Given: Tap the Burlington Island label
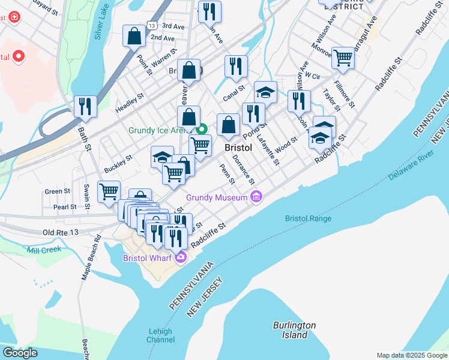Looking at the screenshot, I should pos(294,330).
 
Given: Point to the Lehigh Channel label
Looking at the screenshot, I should pos(160,335).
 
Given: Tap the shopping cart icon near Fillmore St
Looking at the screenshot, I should pos(343,58).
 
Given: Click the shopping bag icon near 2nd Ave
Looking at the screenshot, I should pos(134,36).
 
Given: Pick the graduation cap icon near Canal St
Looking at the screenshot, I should pos(265,92).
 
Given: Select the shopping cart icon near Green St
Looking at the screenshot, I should pos(109,192).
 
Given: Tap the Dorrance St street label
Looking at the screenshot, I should pos(244,170).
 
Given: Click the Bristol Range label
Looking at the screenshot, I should pos(308,218).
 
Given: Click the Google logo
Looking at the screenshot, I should pos(20,353).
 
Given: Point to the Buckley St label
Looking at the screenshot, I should pos(118,162).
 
